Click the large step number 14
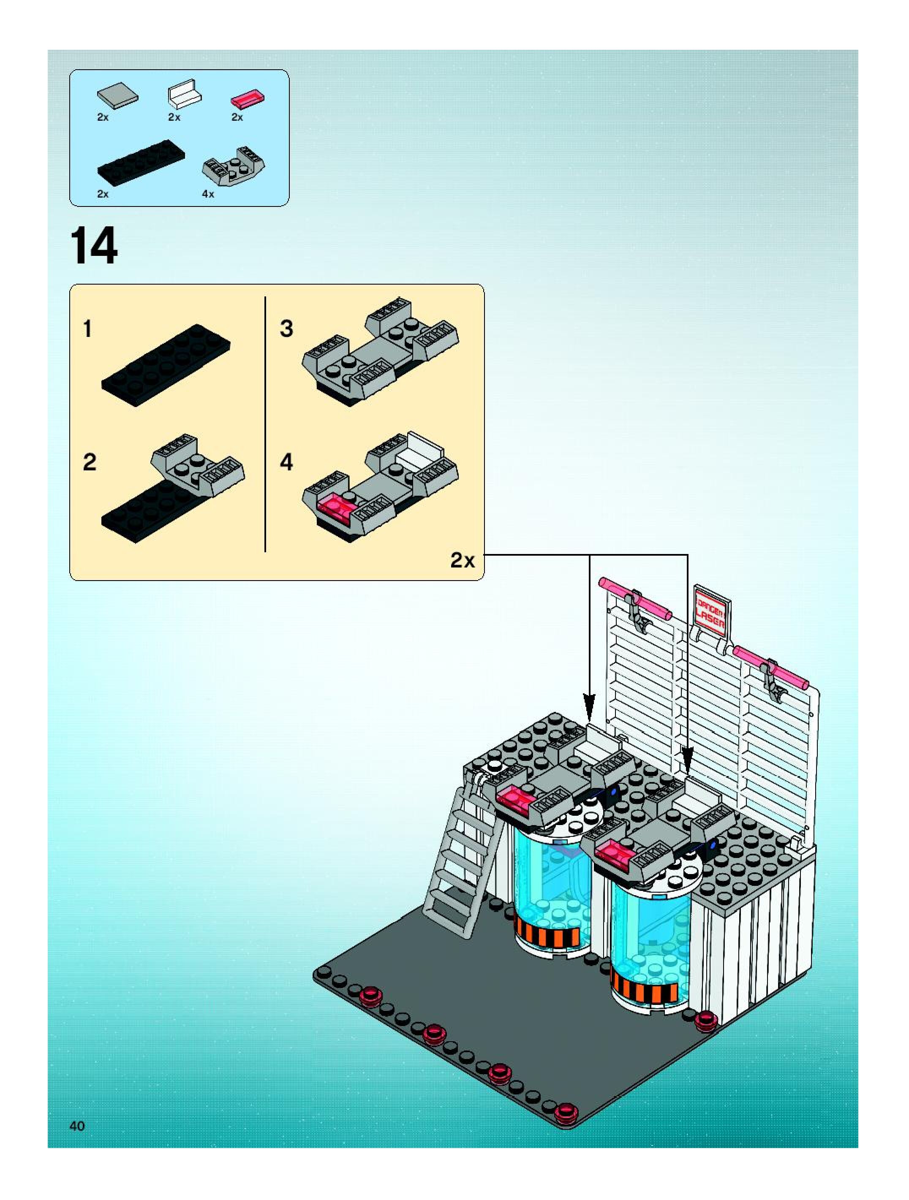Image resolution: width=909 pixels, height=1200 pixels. coord(93,247)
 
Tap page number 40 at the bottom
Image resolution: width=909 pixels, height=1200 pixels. coord(77,1125)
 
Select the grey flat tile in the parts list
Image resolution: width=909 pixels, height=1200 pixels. coord(117,95)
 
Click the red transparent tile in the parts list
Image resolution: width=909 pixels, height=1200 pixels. coord(248,99)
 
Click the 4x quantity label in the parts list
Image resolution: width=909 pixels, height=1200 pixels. coord(208,194)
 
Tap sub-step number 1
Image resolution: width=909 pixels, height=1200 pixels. coord(87,329)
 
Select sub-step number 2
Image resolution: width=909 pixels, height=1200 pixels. coord(90,462)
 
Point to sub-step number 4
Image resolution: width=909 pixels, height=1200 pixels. coord(286,462)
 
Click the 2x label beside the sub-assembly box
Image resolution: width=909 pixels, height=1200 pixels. coord(463,560)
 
